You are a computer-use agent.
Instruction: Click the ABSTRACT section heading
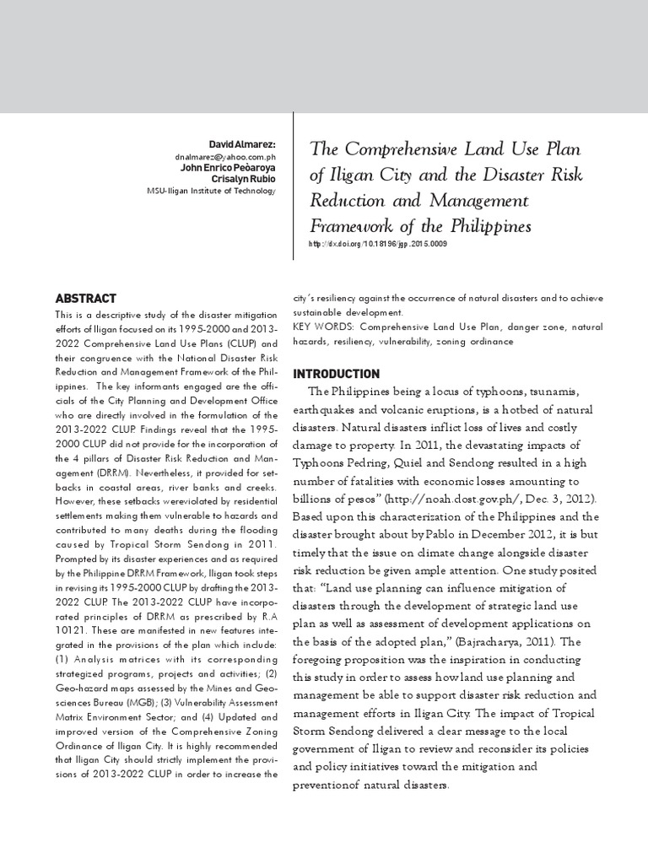click(85, 298)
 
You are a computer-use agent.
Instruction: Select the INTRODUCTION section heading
click(336, 374)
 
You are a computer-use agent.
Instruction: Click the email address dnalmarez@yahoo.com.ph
click(225, 157)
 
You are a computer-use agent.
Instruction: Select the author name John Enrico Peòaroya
click(228, 168)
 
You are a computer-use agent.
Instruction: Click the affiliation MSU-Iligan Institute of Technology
click(211, 191)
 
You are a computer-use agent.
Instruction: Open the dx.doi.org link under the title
click(378, 244)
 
